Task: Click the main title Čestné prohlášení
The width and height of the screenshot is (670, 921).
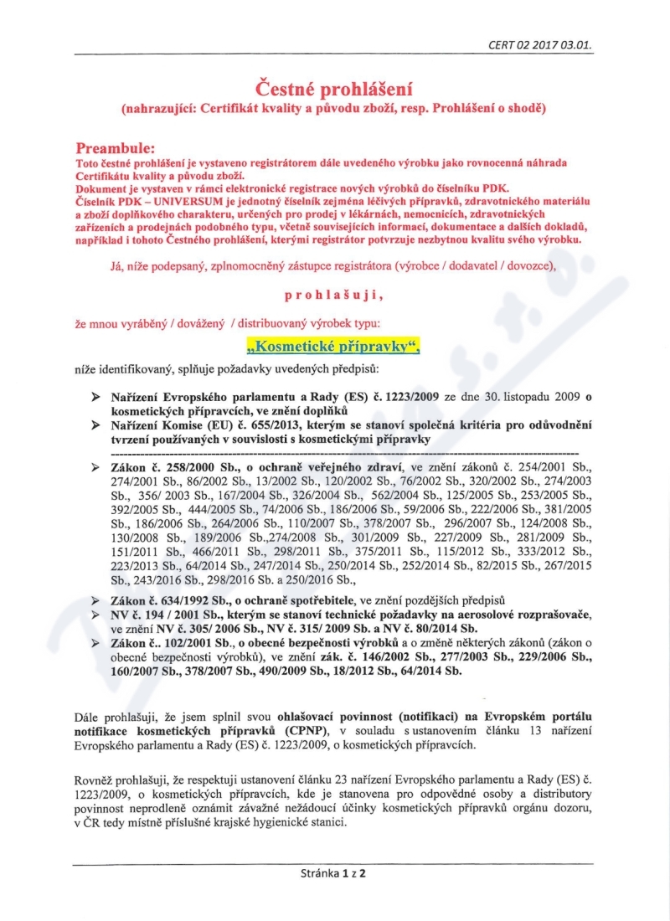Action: [334, 88]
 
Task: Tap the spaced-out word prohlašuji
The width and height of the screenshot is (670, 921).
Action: [334, 295]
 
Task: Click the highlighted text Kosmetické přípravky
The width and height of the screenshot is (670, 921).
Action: [333, 344]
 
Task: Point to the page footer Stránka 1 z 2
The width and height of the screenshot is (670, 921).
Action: [334, 873]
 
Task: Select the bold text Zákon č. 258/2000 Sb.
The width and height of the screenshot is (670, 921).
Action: [171, 466]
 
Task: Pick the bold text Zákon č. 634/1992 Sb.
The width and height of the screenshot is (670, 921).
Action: [171, 600]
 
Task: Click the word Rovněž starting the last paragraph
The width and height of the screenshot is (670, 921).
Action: [95, 780]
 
